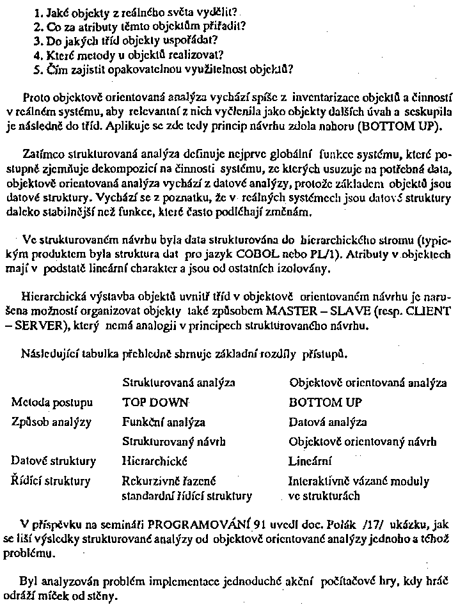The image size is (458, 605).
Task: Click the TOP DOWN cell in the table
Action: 156,403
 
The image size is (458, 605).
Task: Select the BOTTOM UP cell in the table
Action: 325,403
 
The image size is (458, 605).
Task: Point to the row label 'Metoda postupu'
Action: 52,403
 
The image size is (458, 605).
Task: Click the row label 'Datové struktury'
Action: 54,461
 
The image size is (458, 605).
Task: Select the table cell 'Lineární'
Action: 312,461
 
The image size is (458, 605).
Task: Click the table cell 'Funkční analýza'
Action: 163,422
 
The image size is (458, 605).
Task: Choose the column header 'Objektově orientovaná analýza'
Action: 368,382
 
